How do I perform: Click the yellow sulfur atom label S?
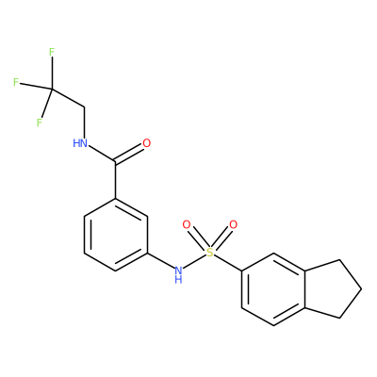pyautogui.click(x=210, y=252)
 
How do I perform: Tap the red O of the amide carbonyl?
pyautogui.click(x=147, y=143)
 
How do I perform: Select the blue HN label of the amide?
pyautogui.click(x=80, y=143)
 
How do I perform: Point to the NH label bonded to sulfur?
pyautogui.click(x=178, y=274)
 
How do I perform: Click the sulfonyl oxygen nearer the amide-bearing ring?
pyautogui.click(x=187, y=224)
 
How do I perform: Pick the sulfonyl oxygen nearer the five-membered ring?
pyautogui.click(x=233, y=224)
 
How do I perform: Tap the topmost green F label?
pyautogui.click(x=52, y=52)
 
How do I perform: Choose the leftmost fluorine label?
pyautogui.click(x=16, y=82)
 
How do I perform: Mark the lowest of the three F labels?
pyautogui.click(x=40, y=123)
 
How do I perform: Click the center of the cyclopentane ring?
pyautogui.click(x=331, y=289)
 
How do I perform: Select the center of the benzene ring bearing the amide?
pyautogui.click(x=116, y=234)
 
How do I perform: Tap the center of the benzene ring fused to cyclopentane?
pyautogui.click(x=273, y=289)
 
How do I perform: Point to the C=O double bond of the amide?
pyautogui.click(x=129, y=154)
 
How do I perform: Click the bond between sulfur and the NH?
pyautogui.click(x=194, y=261)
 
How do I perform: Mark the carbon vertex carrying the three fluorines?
pyautogui.click(x=52, y=90)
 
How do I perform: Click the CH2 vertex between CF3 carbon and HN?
pyautogui.click(x=84, y=108)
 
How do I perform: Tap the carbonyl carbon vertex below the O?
pyautogui.click(x=116, y=161)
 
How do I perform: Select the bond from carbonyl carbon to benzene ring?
pyautogui.click(x=116, y=180)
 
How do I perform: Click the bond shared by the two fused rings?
pyautogui.click(x=304, y=289)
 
